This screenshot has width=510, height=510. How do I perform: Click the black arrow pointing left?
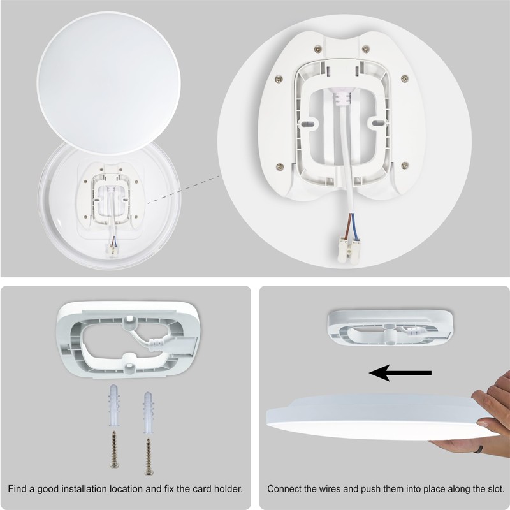(400, 373)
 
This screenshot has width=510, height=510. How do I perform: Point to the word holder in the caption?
(228, 490)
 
